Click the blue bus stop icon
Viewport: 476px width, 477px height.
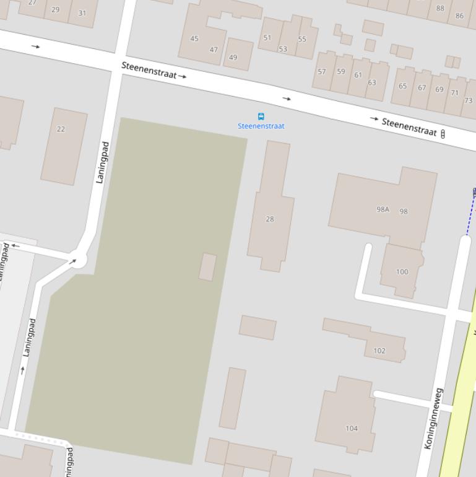pos(261,116)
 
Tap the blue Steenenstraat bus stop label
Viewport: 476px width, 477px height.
pos(261,126)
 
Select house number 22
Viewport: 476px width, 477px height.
pos(61,129)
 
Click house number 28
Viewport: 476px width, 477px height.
pos(270,219)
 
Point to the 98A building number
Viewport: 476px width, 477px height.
pos(383,209)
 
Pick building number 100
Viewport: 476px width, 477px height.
pos(402,271)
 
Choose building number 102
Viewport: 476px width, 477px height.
pos(379,351)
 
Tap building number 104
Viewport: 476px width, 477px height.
pos(352,428)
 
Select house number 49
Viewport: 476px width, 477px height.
pos(233,58)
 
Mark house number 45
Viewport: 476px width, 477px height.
pos(194,38)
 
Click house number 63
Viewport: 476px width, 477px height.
pos(372,82)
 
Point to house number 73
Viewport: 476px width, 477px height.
pos(468,100)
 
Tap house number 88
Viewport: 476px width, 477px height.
pos(440,8)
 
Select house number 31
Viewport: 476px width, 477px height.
pos(82,12)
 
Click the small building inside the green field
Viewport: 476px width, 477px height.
pos(207,267)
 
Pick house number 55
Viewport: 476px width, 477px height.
pos(302,39)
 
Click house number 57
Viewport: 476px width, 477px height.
pos(322,71)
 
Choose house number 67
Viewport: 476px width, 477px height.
pos(422,88)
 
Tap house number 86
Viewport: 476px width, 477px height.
pos(459,15)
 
